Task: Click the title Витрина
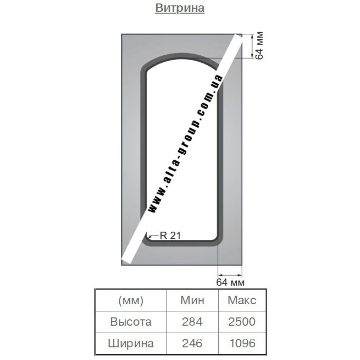(180, 8)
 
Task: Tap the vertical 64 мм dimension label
(260, 46)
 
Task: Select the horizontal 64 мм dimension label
(230, 282)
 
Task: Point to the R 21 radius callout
(170, 235)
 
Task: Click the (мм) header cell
(130, 300)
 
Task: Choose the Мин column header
(192, 300)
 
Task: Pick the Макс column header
(242, 300)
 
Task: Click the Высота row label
(130, 322)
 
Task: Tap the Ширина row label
(130, 343)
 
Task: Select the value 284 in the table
(192, 322)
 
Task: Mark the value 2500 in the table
(242, 322)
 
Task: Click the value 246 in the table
(192, 343)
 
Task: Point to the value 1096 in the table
(243, 343)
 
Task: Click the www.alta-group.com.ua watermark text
(185, 144)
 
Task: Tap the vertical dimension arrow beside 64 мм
(252, 46)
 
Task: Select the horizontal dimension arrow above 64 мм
(230, 275)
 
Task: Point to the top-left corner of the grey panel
(121, 35)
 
